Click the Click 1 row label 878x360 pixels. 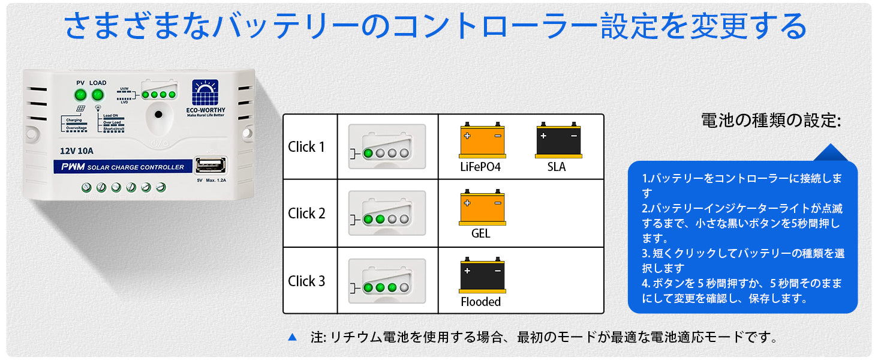[x=306, y=147]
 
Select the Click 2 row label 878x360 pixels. [x=306, y=214]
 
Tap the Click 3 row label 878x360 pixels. [x=306, y=281]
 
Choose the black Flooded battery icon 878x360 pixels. [x=482, y=277]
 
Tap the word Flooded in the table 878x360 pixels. [x=480, y=302]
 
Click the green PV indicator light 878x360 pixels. [x=80, y=95]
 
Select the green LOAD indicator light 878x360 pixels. [x=98, y=95]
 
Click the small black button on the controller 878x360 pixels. [x=158, y=115]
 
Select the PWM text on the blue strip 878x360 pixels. [x=73, y=167]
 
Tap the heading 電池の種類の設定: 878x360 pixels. [x=771, y=121]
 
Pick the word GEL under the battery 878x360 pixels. [x=480, y=233]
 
